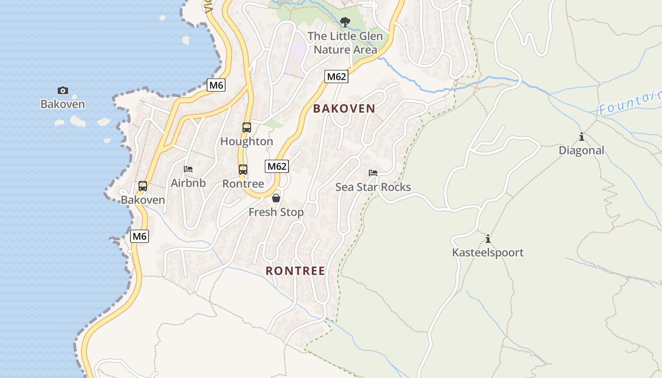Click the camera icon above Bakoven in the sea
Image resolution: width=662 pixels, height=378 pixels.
point(62,90)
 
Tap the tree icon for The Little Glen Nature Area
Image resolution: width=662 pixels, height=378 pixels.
point(345,22)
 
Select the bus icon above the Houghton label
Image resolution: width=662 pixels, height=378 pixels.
point(246,127)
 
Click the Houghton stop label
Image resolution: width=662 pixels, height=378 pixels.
point(246,141)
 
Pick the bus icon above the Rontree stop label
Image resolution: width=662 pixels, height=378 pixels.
point(243,170)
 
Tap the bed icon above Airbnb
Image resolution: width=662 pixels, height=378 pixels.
point(188,169)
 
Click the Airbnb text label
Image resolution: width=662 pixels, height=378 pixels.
point(188,183)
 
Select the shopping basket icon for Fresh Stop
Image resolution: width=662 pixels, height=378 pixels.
point(276,198)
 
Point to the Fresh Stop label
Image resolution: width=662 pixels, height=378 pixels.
point(276,212)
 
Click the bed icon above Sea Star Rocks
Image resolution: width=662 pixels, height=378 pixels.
point(373,173)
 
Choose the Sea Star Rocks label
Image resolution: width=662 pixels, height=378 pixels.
point(373,187)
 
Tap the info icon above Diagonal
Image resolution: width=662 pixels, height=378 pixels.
point(581,137)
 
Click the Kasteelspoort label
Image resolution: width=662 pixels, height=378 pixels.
point(488,252)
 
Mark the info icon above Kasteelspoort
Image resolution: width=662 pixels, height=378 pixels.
point(488,239)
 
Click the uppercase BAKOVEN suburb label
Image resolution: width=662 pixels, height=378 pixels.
point(344,109)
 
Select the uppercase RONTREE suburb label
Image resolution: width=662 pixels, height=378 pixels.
point(295,271)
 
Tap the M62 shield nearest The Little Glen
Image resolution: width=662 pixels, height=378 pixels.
point(336,77)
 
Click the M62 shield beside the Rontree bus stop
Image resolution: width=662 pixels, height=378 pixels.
point(277,166)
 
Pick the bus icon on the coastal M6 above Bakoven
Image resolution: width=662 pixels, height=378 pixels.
point(142,186)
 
